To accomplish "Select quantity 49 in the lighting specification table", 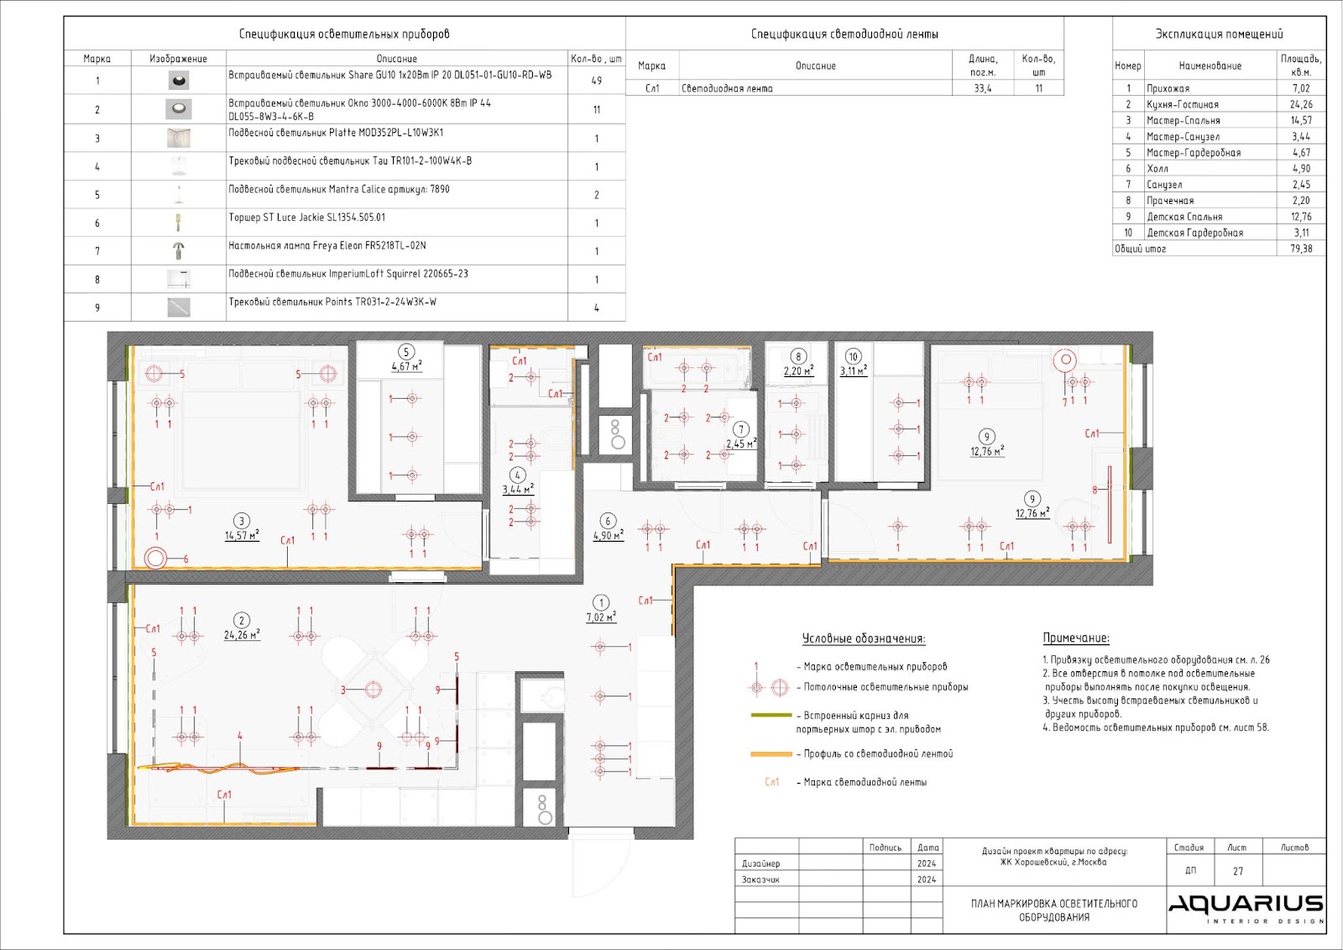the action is (x=596, y=81).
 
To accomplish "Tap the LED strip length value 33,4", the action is (x=983, y=88).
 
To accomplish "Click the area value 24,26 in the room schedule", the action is (x=1300, y=104).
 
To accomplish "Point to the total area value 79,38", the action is (x=1300, y=249).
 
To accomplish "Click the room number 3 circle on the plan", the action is (x=241, y=521).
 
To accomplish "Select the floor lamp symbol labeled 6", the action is (x=154, y=558).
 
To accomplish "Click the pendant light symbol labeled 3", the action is (x=373, y=690).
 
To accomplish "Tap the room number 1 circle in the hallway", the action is (x=601, y=602).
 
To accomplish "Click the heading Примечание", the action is (x=1075, y=638).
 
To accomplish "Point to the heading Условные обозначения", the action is (x=864, y=638).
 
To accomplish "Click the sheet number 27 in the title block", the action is (x=1238, y=871).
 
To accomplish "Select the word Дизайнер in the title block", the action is (x=760, y=863).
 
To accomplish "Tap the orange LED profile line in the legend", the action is (x=771, y=753).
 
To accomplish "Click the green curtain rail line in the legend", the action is (x=771, y=715).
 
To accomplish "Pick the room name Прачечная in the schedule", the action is (x=1170, y=201).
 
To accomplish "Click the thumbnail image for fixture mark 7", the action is (x=178, y=250).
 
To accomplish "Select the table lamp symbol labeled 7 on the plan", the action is (x=1065, y=360).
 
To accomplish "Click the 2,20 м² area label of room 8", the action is (x=798, y=371).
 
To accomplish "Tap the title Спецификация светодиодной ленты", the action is (x=844, y=34).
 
